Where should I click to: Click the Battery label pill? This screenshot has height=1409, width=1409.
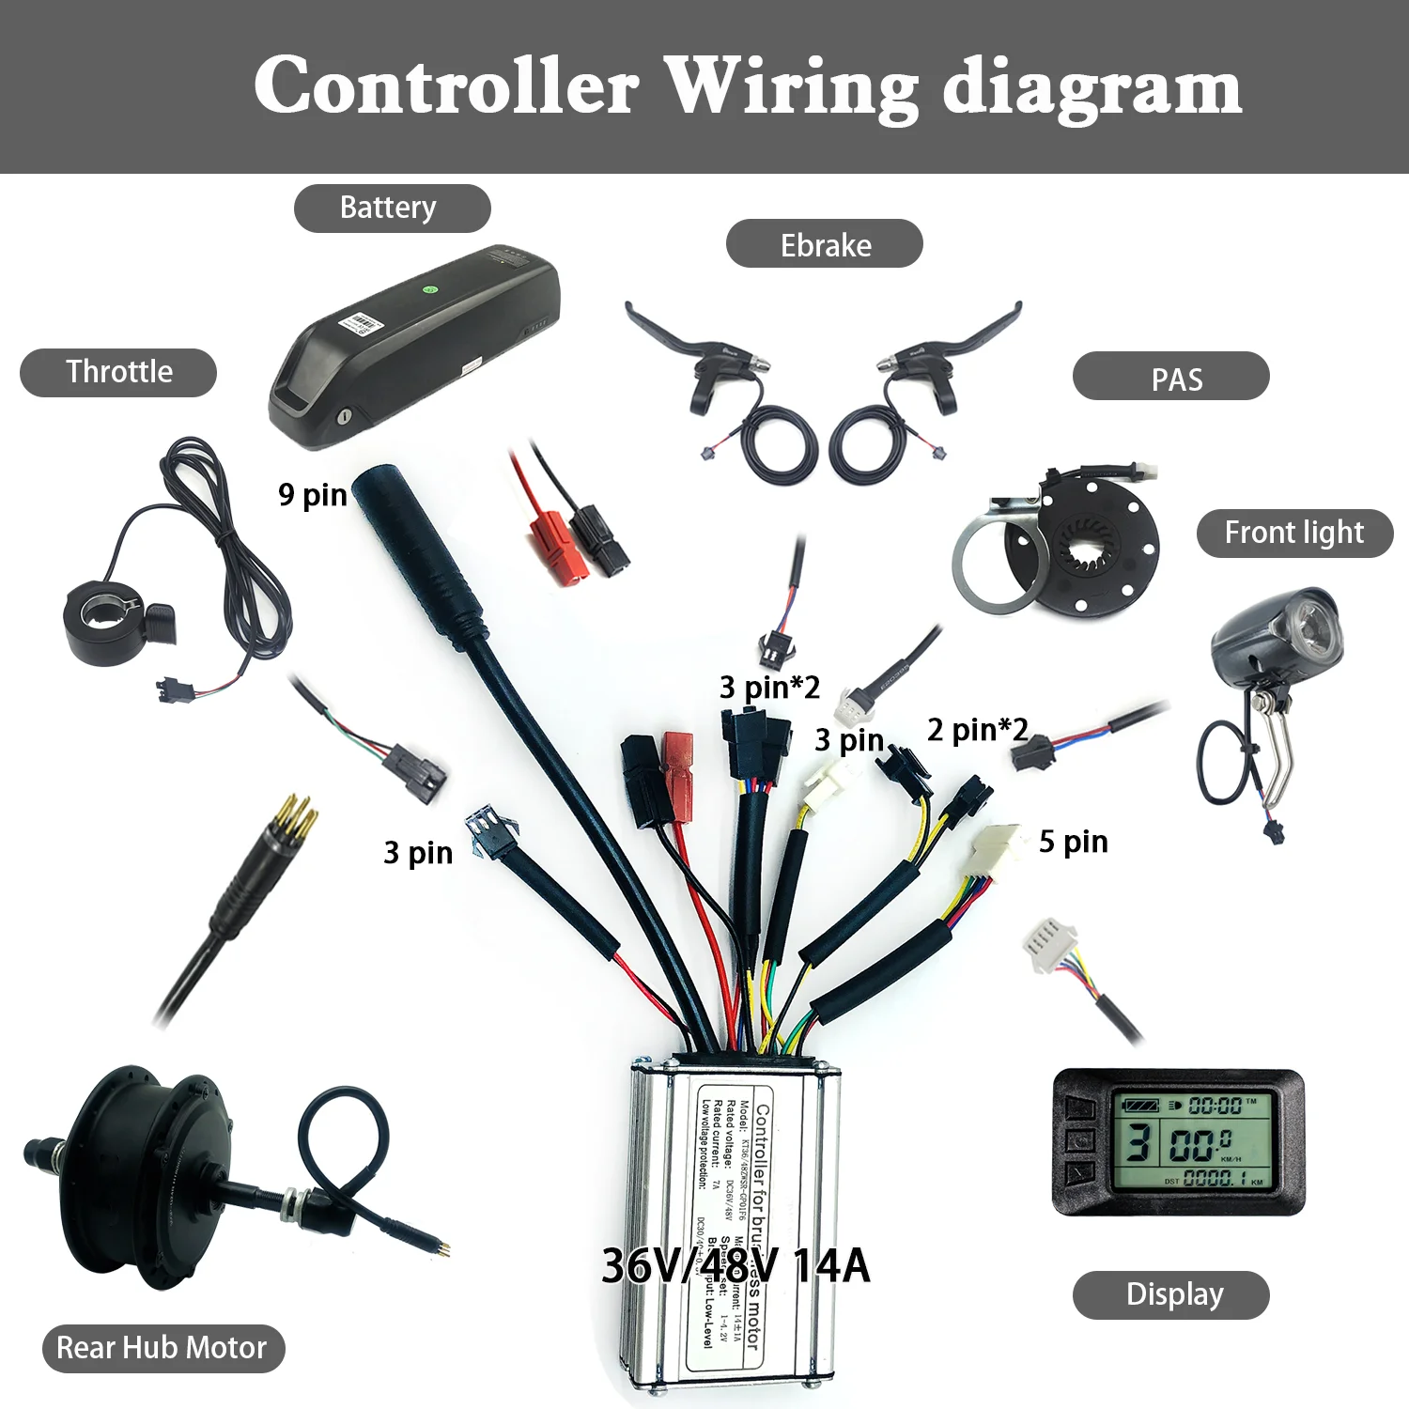pyautogui.click(x=392, y=208)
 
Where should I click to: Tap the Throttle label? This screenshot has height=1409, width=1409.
pyautogui.click(x=118, y=372)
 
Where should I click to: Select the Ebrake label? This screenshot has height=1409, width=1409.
pyautogui.click(x=824, y=244)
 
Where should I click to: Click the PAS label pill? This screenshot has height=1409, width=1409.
pyautogui.click(x=1170, y=378)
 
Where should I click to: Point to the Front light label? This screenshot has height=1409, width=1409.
pyautogui.click(x=1293, y=533)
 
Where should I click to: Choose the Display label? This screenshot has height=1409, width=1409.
pyautogui.click(x=1170, y=1294)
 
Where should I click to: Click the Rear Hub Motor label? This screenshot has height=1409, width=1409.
pyautogui.click(x=163, y=1348)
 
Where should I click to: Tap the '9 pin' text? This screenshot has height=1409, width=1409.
pyautogui.click(x=312, y=494)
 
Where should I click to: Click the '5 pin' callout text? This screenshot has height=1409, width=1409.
pyautogui.click(x=1073, y=842)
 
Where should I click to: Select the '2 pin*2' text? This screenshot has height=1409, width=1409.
pyautogui.click(x=977, y=729)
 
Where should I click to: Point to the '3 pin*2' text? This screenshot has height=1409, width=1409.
pyautogui.click(x=769, y=687)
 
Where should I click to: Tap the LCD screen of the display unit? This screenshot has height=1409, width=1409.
pyautogui.click(x=1191, y=1140)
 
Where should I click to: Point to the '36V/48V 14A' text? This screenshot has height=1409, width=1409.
pyautogui.click(x=735, y=1265)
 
